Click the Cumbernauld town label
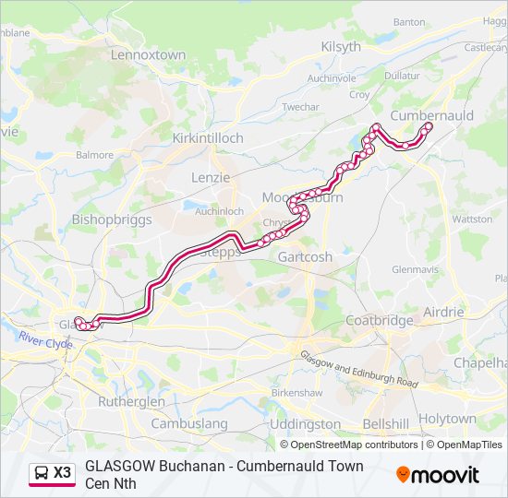point(432,115)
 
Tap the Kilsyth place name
point(341,47)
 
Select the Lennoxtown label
point(148,55)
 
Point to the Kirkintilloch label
point(208,138)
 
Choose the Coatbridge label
point(380,321)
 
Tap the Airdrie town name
point(443,313)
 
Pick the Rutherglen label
point(131,402)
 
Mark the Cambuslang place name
point(188,424)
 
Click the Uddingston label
point(307,424)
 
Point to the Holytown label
point(447,419)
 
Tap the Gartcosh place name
point(305,257)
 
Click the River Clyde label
point(44,342)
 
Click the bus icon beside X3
point(42,473)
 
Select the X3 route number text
point(62,473)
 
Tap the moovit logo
point(438,475)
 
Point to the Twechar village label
point(300,107)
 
